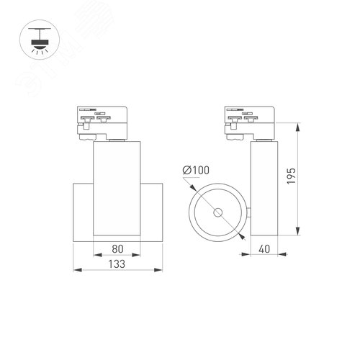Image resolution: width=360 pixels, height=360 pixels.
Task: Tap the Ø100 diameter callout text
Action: click(196, 170)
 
